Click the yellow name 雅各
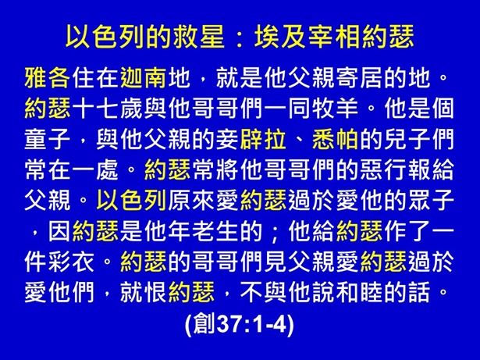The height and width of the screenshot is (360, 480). click(x=48, y=79)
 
